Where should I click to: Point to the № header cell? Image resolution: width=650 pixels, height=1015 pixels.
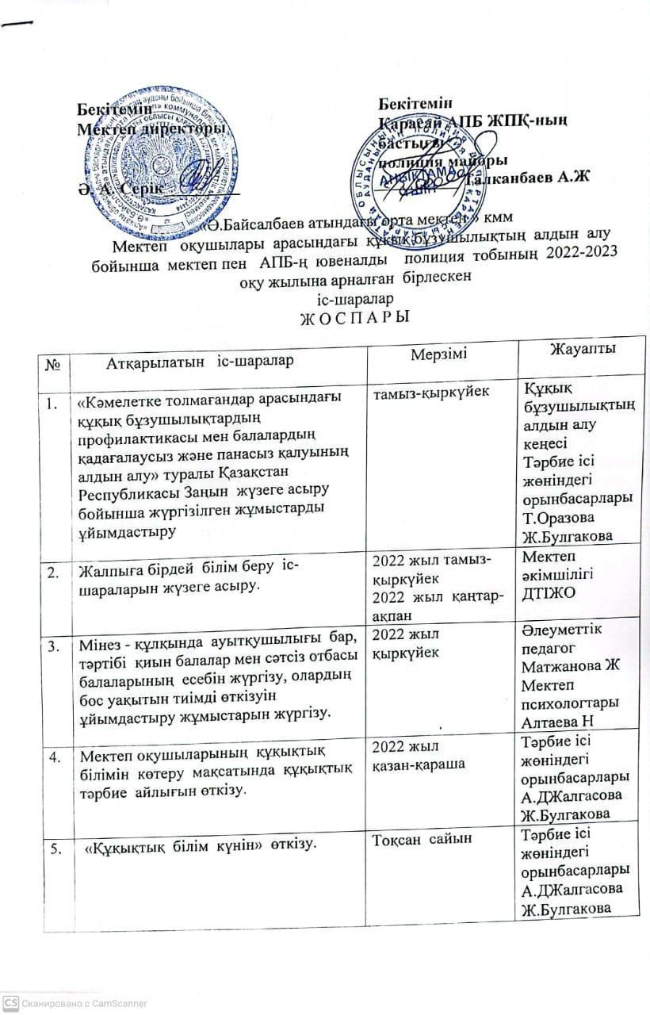coord(55,362)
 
